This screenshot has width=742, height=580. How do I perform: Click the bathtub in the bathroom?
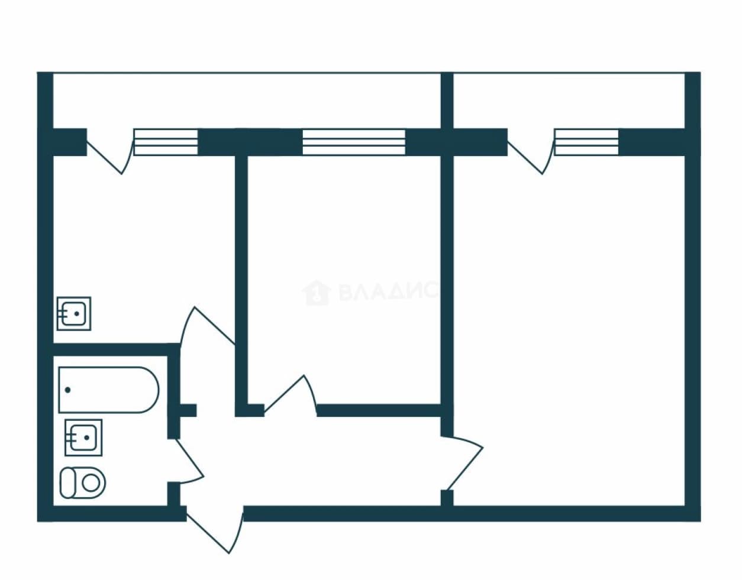[109, 390]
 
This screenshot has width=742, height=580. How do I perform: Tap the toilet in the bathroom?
[83, 483]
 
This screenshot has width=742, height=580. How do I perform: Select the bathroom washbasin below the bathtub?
[83, 438]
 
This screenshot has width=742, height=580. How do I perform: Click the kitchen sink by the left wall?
[74, 313]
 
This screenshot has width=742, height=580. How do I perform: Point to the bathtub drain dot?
[67, 390]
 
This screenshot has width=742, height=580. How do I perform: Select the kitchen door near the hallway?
[207, 328]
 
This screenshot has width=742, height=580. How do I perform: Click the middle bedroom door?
[291, 396]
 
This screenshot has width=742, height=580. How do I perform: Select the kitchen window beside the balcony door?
[166, 142]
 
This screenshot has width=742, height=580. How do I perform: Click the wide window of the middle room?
[354, 142]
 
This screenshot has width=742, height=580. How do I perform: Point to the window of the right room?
[586, 142]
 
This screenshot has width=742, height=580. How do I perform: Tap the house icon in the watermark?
[316, 293]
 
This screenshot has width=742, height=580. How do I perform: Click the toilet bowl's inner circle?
[91, 483]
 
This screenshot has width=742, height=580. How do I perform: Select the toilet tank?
[67, 483]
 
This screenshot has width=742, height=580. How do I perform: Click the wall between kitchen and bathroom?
[117, 349]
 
